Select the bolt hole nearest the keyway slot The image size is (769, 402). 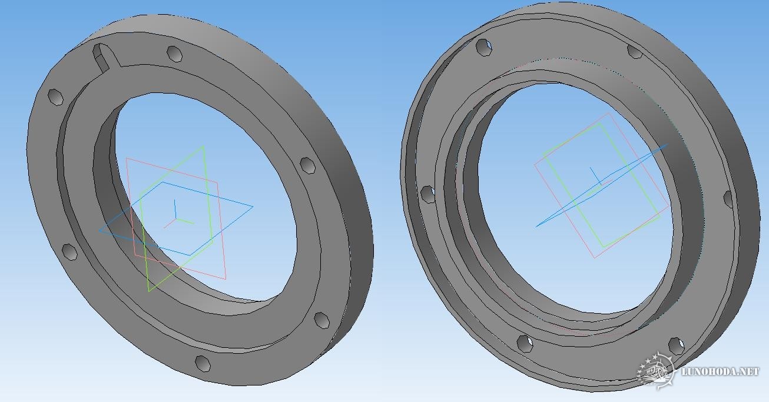pyautogui.click(x=174, y=54)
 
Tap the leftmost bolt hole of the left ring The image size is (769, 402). pyautogui.click(x=55, y=97)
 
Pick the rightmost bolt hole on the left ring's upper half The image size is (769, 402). pyautogui.click(x=307, y=165)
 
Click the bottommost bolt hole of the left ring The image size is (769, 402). pyautogui.click(x=203, y=363)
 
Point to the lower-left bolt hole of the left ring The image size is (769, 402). pyautogui.click(x=69, y=252)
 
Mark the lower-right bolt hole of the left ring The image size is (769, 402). pyautogui.click(x=321, y=320)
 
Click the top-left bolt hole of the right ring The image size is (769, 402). pyautogui.click(x=484, y=47)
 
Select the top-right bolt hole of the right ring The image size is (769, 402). pyautogui.click(x=634, y=51)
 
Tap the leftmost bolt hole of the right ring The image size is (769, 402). pyautogui.click(x=427, y=194)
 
